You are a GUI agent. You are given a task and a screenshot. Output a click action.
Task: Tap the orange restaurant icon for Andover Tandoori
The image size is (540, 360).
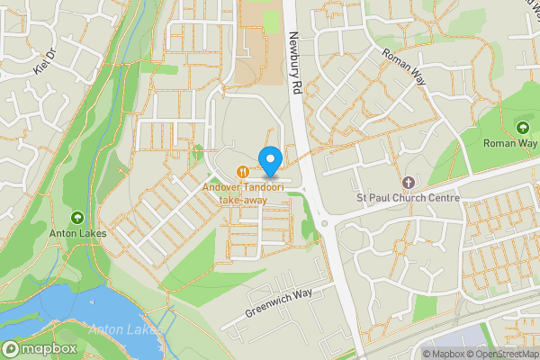point(242,171)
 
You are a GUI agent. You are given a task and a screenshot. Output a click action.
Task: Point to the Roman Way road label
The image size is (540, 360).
point(402,67)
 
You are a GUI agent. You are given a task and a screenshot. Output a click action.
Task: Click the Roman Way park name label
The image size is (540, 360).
point(510,144)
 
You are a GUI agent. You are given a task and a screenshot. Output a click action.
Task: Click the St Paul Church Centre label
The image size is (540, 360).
point(408,198)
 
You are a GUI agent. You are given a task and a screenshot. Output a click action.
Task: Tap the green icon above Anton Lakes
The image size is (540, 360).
point(77,218)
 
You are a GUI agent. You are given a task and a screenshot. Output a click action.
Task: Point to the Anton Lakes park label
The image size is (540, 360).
point(77,234)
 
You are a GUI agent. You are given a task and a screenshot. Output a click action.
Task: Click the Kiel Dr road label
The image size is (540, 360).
point(45,60)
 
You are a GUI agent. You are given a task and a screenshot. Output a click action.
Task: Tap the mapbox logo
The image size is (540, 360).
point(40,348)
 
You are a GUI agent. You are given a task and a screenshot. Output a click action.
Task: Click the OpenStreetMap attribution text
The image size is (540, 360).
point(499,354)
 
